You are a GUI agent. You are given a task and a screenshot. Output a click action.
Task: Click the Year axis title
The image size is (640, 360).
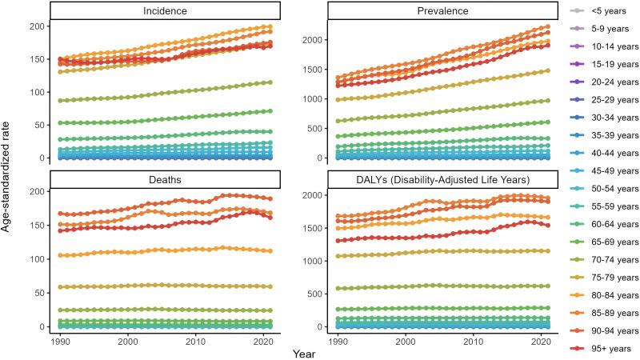coord(303,352)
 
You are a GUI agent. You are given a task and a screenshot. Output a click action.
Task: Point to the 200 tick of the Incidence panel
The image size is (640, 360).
coord(34,26)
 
